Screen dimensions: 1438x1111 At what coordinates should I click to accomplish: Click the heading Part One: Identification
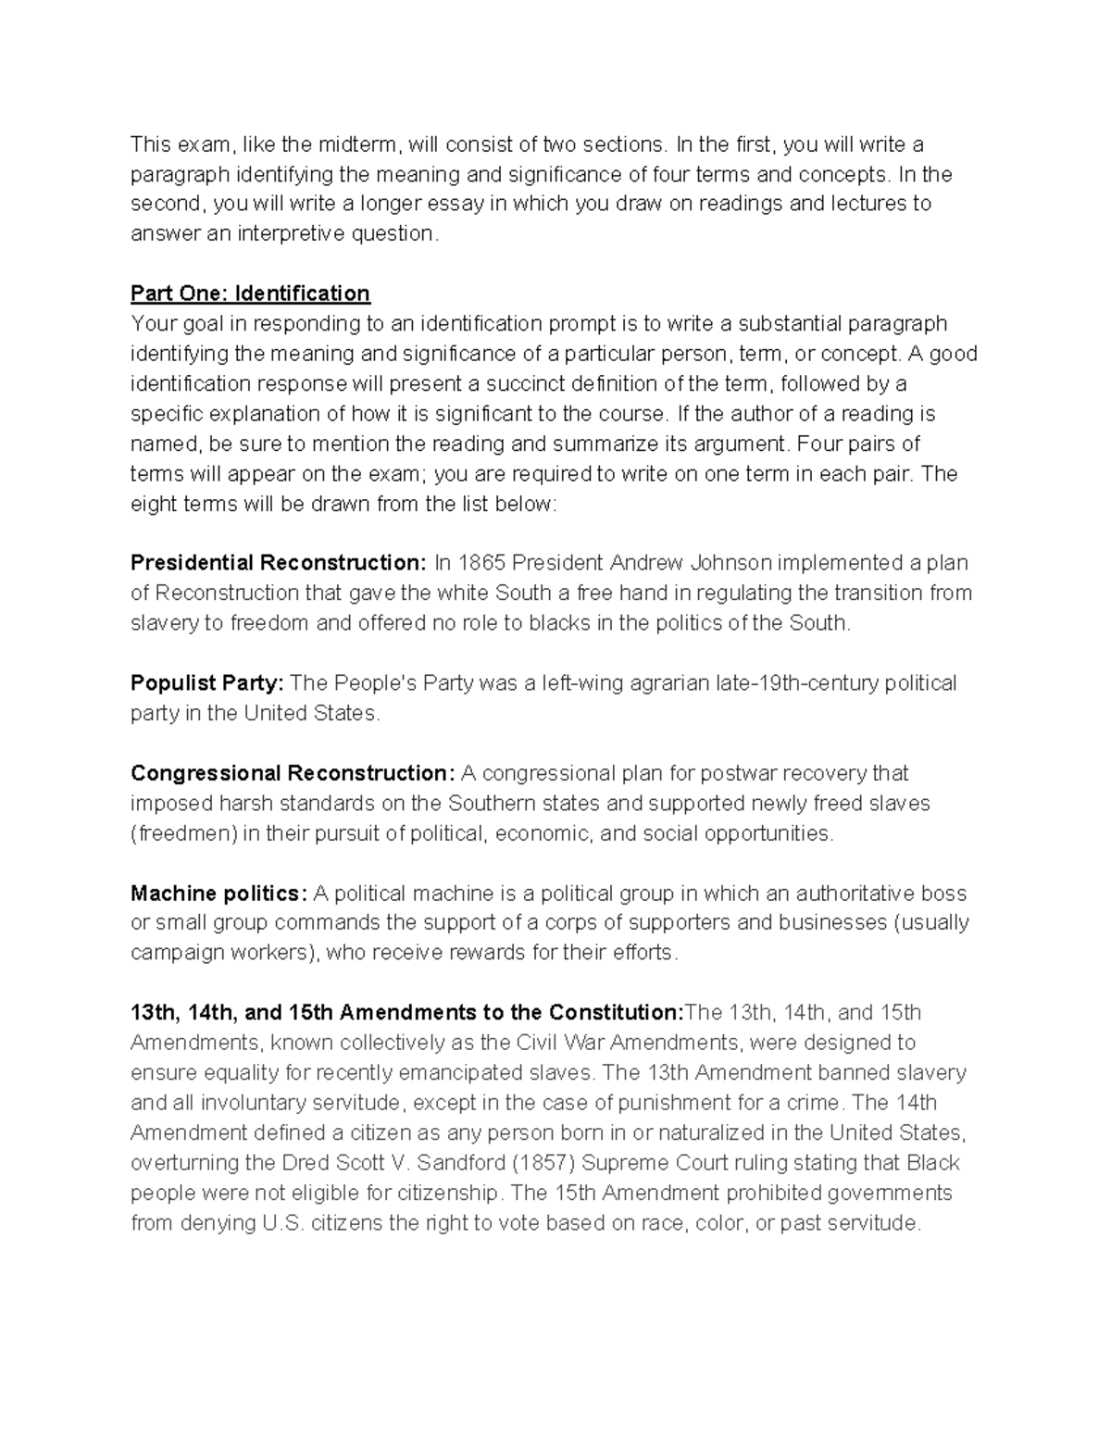[250, 294]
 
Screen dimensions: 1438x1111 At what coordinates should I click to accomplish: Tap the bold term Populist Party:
[206, 683]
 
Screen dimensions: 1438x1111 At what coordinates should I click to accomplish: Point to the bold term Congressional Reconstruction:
[293, 773]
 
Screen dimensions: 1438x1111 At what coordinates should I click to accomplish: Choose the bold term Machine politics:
[218, 894]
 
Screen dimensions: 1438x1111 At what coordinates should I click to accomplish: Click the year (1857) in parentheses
[543, 1163]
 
